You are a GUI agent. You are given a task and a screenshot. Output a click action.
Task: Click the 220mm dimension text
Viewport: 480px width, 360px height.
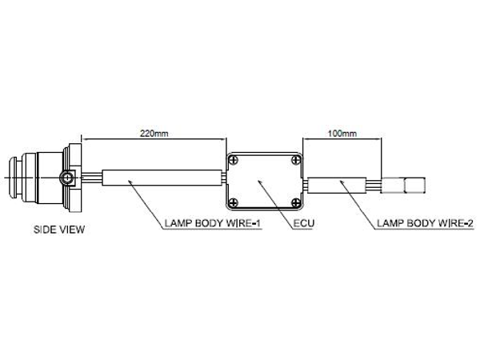tap(154, 134)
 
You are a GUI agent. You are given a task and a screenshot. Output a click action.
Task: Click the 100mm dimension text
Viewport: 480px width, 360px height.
tap(342, 134)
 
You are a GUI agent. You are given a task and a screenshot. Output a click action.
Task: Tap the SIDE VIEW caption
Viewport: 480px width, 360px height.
tap(59, 230)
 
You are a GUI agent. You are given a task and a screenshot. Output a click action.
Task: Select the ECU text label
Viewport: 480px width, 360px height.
tap(304, 223)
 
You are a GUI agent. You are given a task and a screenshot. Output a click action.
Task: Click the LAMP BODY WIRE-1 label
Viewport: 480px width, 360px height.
tap(213, 223)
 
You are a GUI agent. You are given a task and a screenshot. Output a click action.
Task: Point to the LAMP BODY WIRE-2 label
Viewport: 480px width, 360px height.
tap(425, 223)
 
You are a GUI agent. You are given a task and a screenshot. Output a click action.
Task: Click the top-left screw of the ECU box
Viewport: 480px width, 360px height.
tap(234, 160)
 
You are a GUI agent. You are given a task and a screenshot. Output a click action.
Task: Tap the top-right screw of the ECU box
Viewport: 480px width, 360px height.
tap(296, 160)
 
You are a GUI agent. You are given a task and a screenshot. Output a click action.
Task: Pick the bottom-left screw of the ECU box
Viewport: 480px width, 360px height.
tap(234, 202)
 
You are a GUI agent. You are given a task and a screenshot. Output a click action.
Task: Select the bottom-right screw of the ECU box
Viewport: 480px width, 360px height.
tap(296, 202)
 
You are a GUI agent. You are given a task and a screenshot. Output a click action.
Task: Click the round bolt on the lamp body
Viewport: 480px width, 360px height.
tap(66, 178)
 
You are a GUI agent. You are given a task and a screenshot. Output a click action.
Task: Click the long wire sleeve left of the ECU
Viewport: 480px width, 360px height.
tap(162, 178)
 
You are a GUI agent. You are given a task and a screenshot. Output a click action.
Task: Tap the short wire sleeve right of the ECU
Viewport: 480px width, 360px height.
tap(337, 185)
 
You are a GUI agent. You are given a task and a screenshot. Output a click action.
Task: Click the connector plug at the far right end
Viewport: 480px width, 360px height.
tap(403, 186)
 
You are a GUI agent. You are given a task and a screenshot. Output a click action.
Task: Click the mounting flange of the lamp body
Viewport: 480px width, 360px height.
tap(75, 178)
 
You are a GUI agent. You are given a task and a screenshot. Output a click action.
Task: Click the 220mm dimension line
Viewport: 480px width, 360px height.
tap(154, 139)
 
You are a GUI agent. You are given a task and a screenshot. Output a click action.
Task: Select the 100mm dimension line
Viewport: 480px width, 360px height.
tap(342, 139)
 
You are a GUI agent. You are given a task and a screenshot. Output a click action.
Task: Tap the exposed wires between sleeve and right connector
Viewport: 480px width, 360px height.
tap(374, 185)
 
